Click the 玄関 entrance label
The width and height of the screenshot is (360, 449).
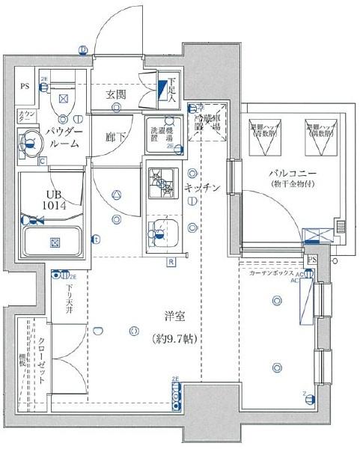coord(115,94)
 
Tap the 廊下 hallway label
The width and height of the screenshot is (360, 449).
coord(115,137)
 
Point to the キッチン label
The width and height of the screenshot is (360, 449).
coord(203,189)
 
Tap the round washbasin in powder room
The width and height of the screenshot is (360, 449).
coord(31,139)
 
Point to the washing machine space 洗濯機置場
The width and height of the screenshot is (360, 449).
coord(162,132)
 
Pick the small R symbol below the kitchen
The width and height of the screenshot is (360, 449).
coord(171,262)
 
